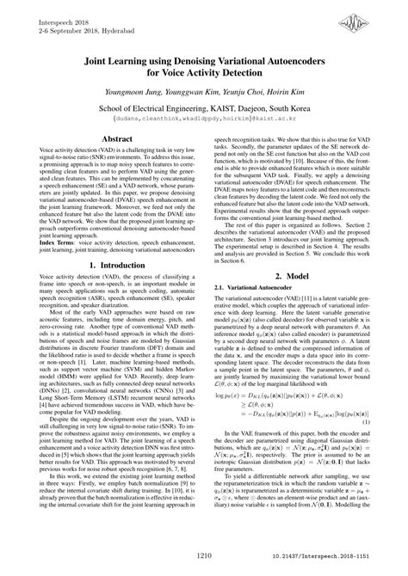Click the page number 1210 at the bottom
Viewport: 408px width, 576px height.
pos(203,559)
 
